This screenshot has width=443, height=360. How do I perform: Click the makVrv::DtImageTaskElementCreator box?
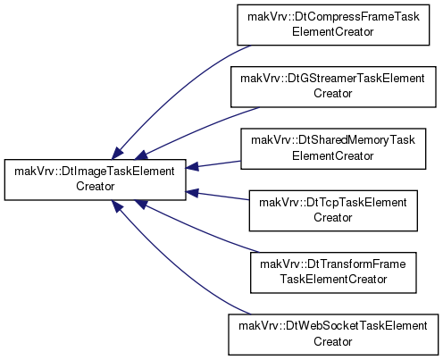96,180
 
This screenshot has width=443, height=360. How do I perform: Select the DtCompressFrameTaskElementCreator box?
333,25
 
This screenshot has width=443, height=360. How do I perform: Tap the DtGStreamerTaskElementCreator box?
333,87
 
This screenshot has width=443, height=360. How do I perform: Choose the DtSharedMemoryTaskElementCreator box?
333,148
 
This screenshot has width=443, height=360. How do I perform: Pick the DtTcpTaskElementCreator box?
333,211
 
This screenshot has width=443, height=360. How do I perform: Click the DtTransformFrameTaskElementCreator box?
333,272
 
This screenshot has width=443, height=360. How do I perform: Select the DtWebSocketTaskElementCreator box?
333,334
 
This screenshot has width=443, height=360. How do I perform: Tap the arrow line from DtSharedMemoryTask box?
213,164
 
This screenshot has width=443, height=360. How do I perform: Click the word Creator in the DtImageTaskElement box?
96,187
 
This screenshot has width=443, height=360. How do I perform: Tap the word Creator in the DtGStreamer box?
333,94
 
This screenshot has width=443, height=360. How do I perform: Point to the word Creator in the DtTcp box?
333,217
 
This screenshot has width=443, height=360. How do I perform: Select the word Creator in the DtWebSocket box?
333,341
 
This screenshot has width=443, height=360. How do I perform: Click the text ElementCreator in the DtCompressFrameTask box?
333,31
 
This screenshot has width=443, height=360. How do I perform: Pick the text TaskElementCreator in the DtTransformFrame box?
333,280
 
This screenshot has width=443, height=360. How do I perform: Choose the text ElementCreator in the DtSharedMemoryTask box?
333,155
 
